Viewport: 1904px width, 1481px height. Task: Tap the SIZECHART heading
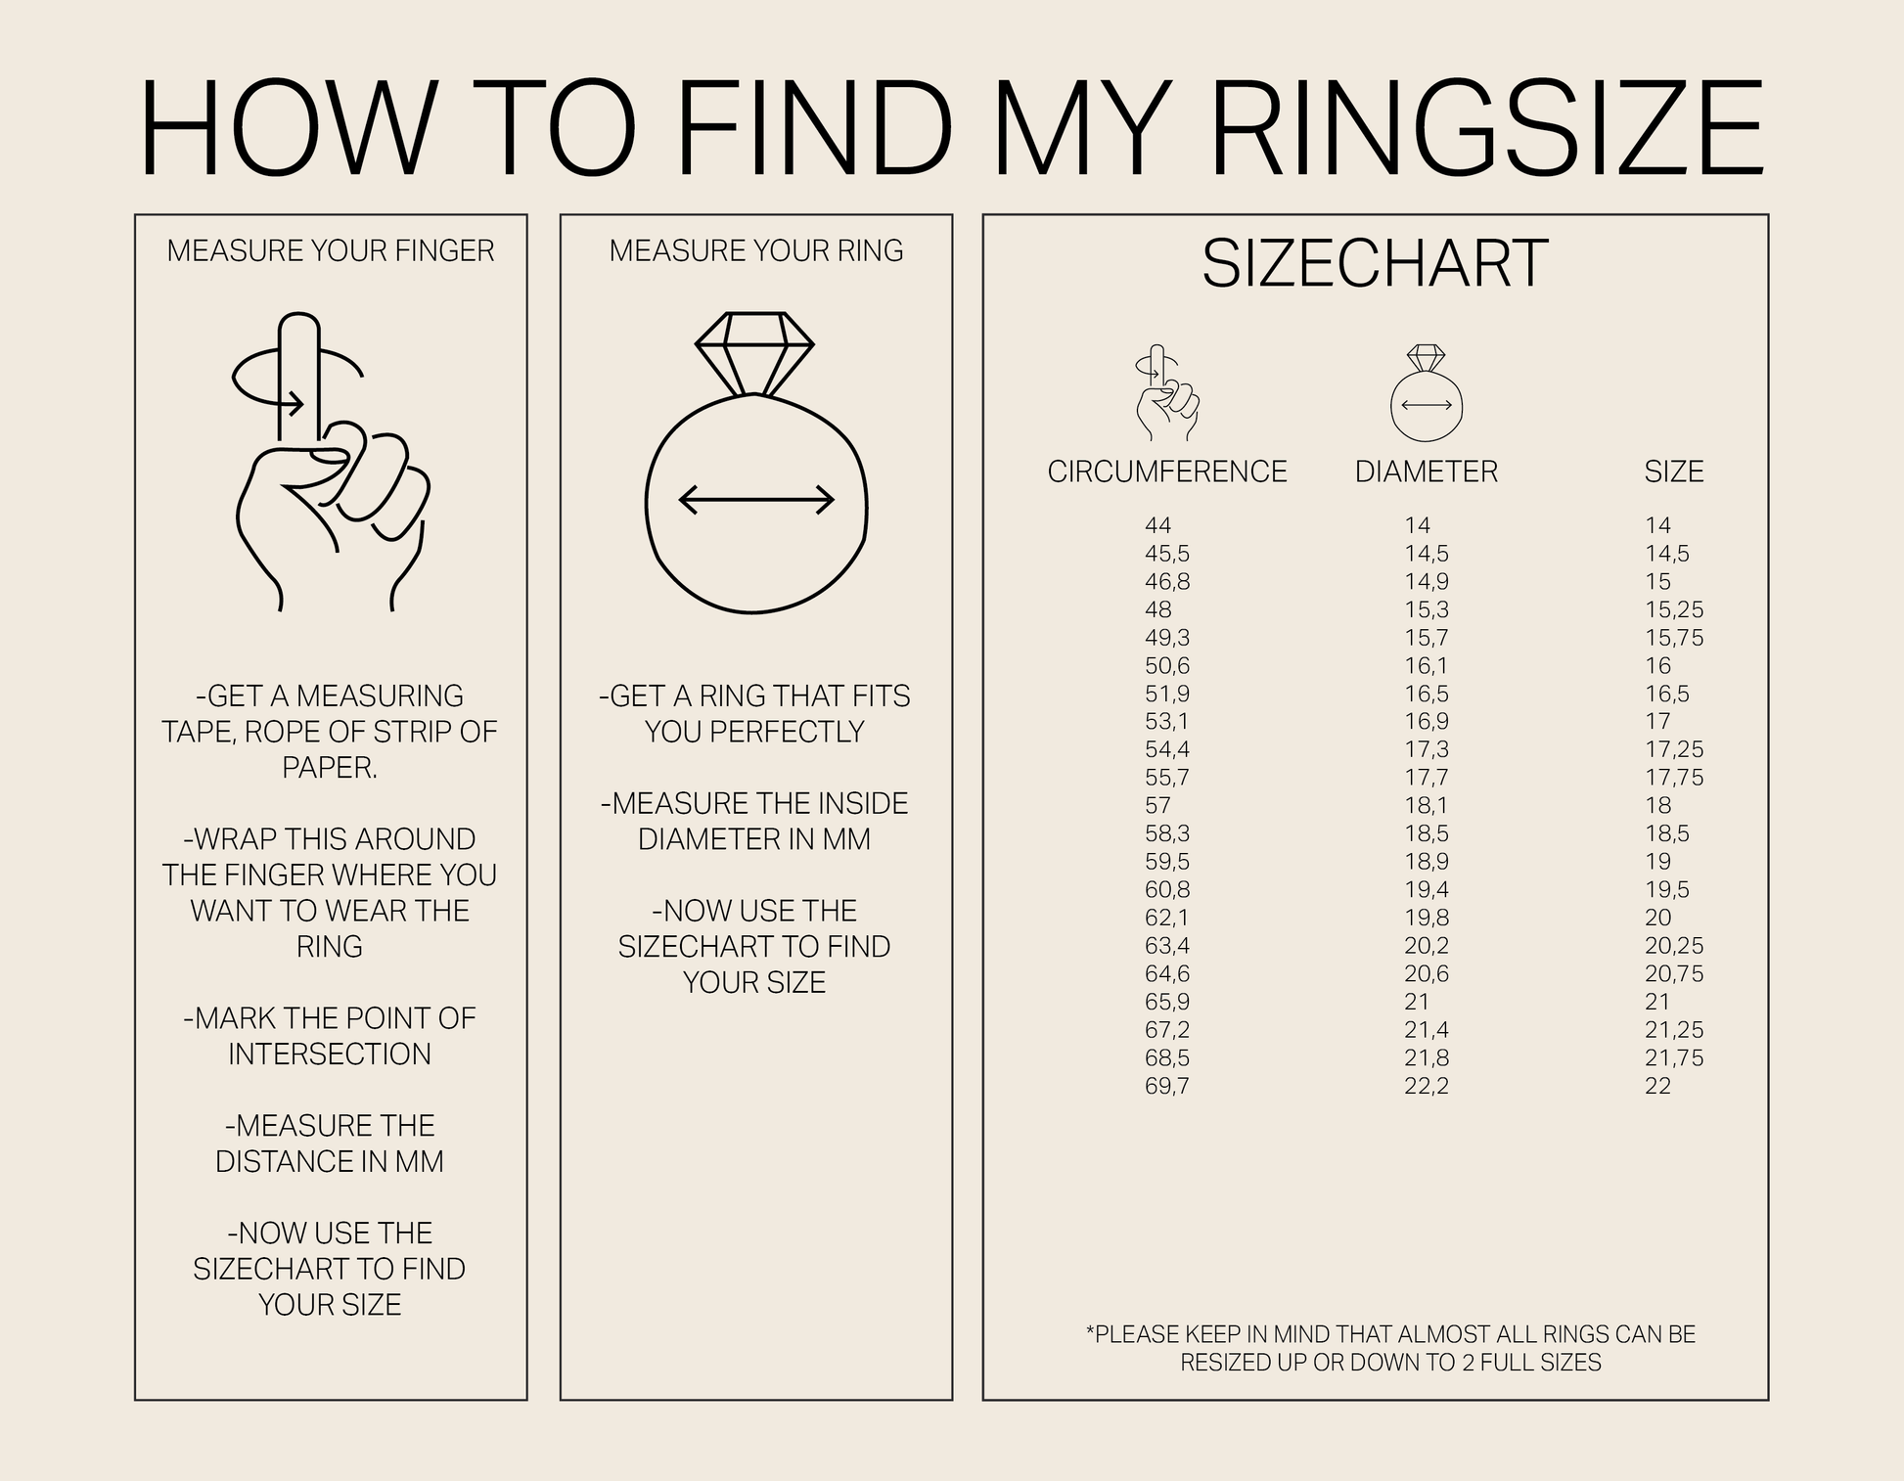click(x=1375, y=264)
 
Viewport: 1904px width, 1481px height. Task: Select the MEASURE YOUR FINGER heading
click(x=331, y=251)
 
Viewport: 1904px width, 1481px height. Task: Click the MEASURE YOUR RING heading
click(x=756, y=251)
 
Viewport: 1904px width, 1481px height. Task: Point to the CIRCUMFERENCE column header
click(x=1167, y=471)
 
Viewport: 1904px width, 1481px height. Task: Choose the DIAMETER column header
click(x=1427, y=471)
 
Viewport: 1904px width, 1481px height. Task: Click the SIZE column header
click(x=1674, y=471)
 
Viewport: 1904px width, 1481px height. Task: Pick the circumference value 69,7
click(x=1167, y=1086)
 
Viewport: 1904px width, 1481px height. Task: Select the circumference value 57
click(x=1157, y=806)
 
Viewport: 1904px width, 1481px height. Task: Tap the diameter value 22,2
click(x=1427, y=1086)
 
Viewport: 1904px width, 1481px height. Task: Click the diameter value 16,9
click(x=1427, y=722)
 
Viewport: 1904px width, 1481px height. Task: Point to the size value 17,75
click(x=1674, y=778)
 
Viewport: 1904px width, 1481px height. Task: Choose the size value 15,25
click(x=1674, y=609)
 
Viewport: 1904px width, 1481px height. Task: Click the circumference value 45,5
click(x=1167, y=554)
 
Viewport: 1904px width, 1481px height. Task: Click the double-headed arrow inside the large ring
click(x=756, y=500)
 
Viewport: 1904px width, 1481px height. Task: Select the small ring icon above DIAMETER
click(x=1427, y=394)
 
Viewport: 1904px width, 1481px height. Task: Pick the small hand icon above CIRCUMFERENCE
click(x=1166, y=393)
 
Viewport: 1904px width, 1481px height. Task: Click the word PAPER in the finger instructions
click(x=329, y=768)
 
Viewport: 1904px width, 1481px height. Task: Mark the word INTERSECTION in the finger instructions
click(x=330, y=1055)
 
